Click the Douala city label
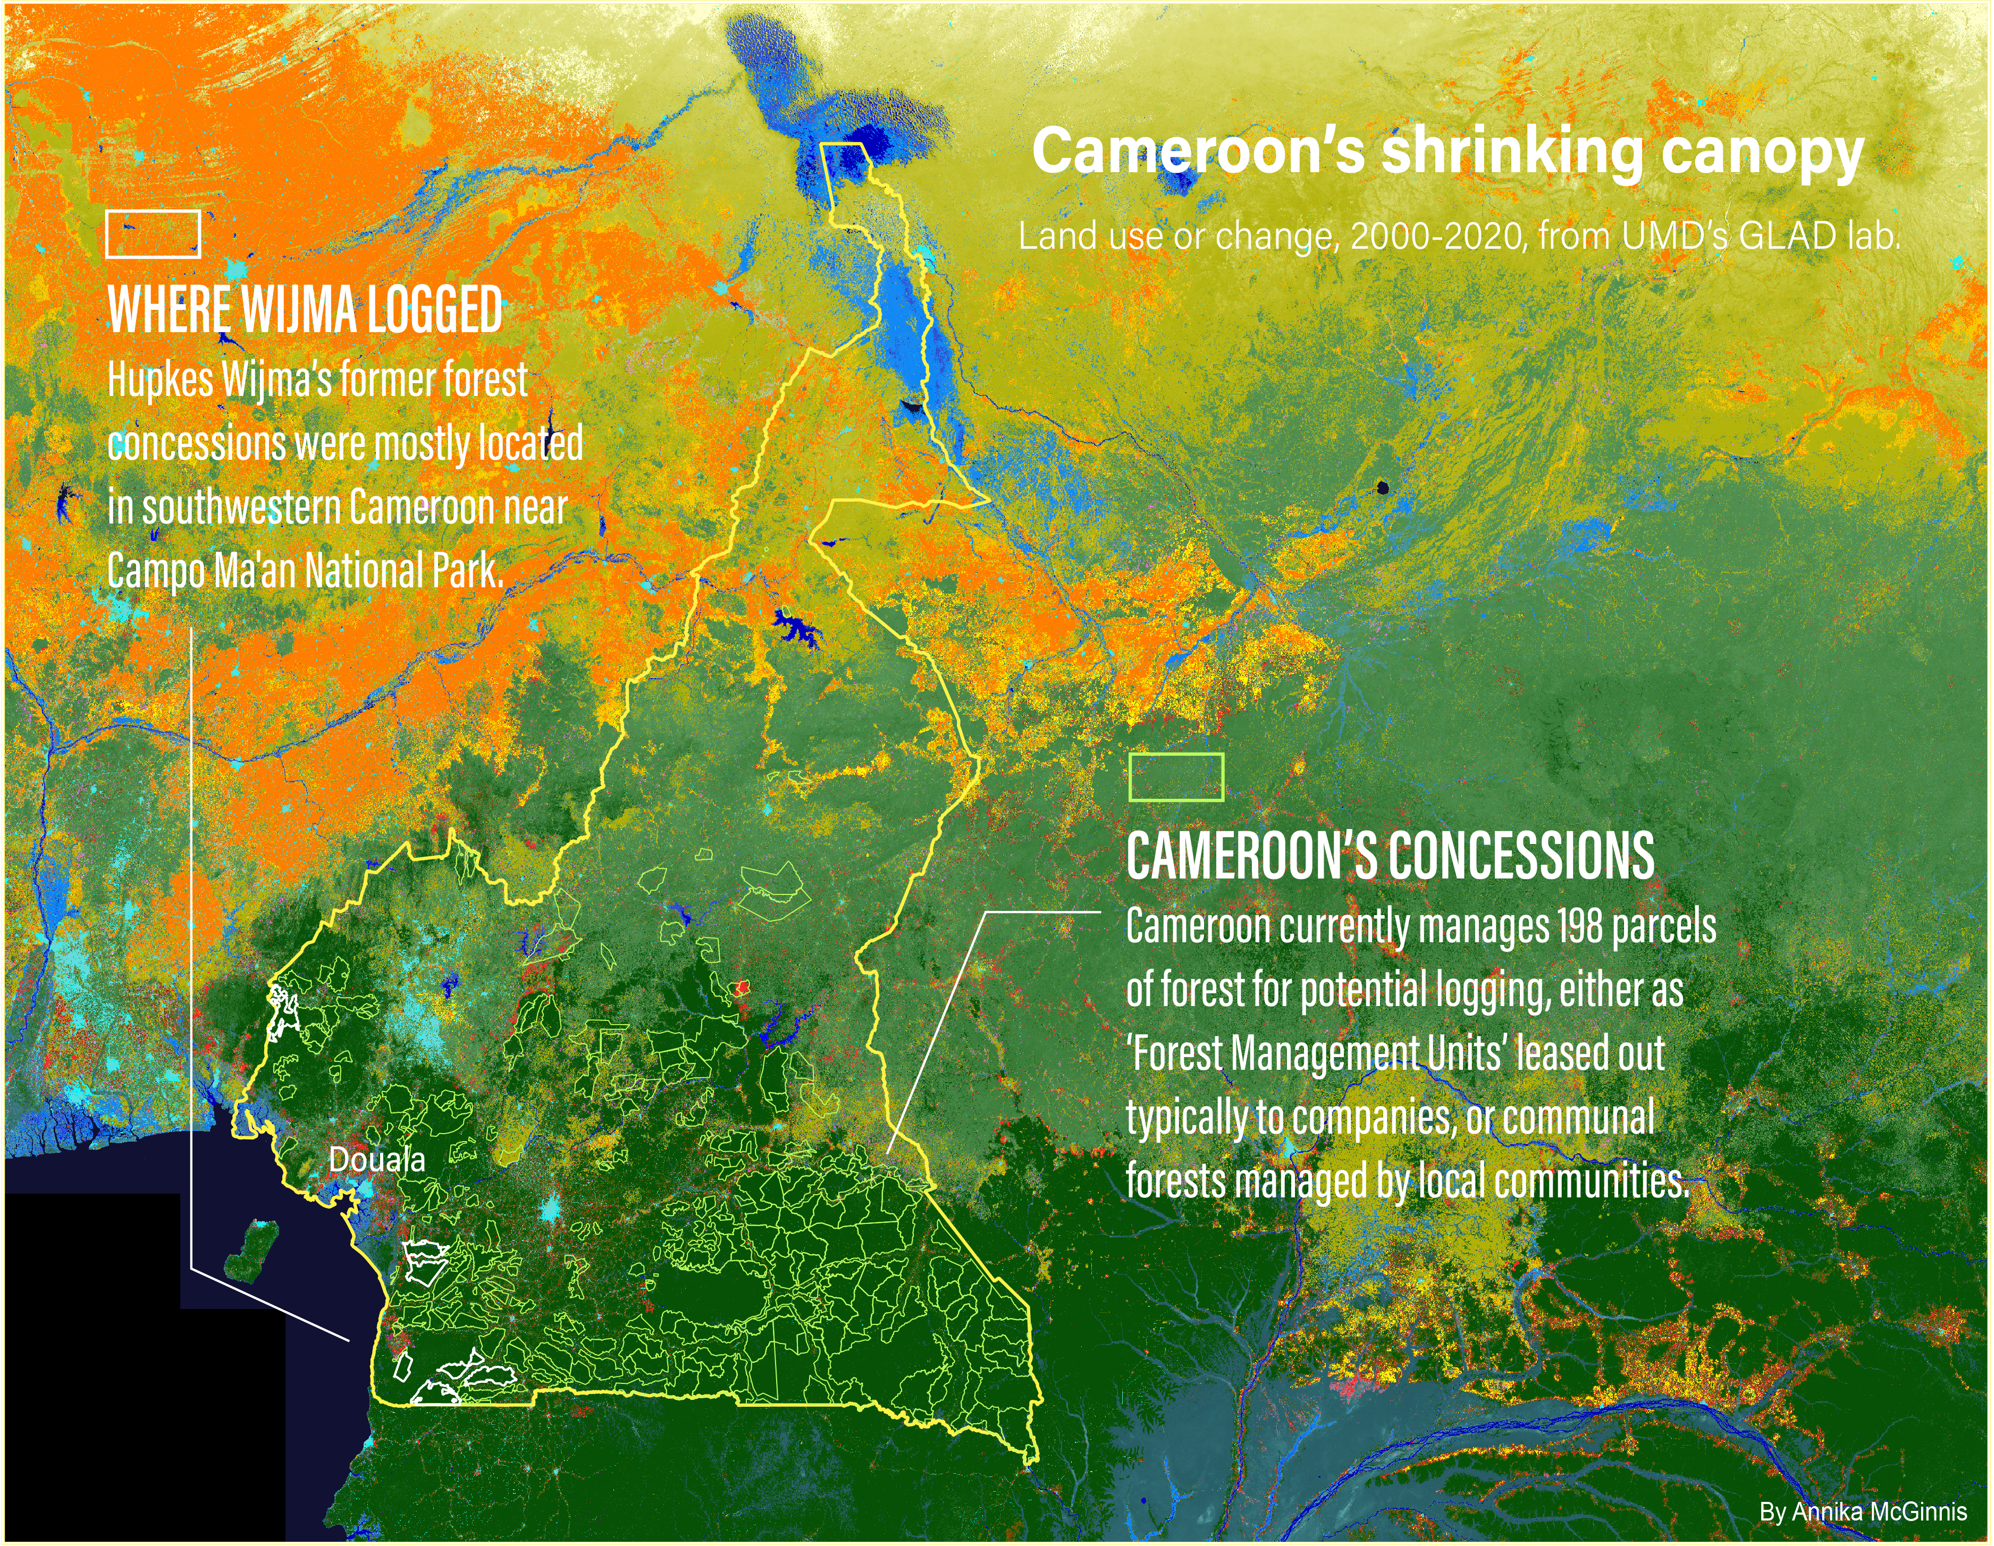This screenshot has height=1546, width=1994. [x=376, y=1160]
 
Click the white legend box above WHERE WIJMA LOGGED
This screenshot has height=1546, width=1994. [x=153, y=234]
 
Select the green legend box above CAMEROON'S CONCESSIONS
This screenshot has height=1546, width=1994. [x=1176, y=778]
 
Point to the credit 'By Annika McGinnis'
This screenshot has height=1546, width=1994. [x=1863, y=1512]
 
